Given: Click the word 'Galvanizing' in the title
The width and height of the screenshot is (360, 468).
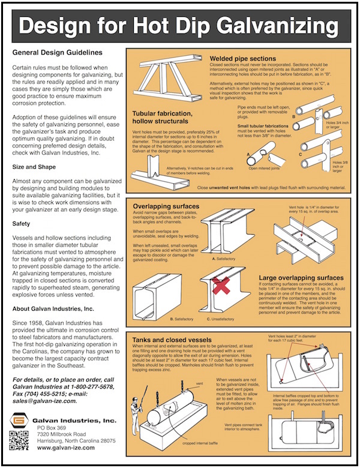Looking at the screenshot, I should [x=268, y=25].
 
